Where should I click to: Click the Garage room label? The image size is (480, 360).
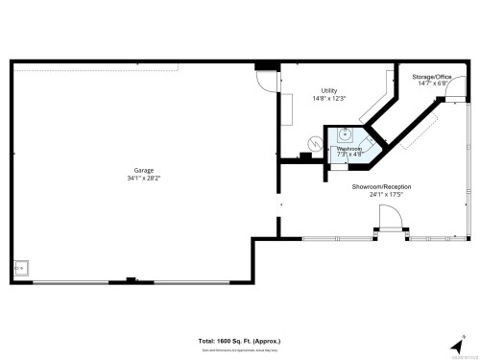(x=144, y=171)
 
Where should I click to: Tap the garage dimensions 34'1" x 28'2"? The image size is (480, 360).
(x=144, y=179)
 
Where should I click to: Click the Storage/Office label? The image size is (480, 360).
(x=431, y=76)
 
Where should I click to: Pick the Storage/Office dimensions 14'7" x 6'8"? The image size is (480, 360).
(x=431, y=84)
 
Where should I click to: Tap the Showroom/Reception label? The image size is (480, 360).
(x=375, y=188)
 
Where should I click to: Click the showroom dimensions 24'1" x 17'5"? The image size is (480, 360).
(x=375, y=196)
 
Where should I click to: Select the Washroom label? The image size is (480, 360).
(x=348, y=149)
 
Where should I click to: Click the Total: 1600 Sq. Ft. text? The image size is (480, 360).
(x=239, y=341)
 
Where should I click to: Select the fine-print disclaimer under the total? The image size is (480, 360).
(x=239, y=348)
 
